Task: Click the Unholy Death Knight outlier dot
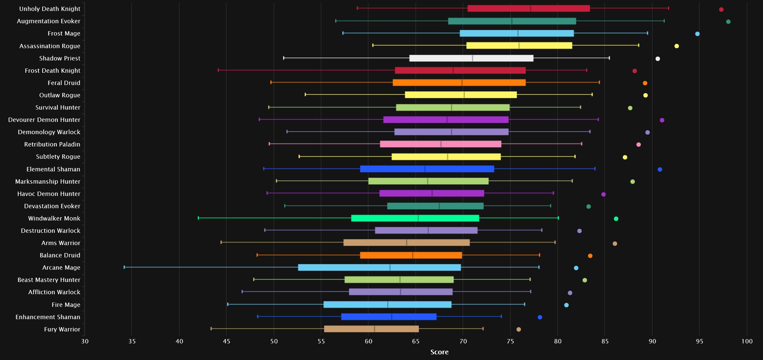point(721,9)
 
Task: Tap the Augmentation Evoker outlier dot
point(728,22)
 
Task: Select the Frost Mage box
point(517,33)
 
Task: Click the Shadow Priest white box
point(471,58)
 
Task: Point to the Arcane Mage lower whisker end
point(124,267)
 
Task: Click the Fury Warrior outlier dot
point(519,329)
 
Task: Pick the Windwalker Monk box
point(415,218)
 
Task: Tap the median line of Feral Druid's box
point(462,83)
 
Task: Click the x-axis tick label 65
point(416,341)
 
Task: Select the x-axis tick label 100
point(747,341)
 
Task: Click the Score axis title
point(439,352)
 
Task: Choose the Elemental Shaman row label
point(53,169)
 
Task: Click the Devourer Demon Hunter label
point(44,120)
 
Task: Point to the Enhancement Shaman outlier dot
point(540,317)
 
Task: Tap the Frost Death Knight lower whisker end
point(218,70)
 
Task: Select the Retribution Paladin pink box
point(441,144)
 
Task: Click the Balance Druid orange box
point(411,255)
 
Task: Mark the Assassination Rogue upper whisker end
point(639,45)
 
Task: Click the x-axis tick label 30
point(85,341)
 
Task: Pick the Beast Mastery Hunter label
point(49,280)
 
